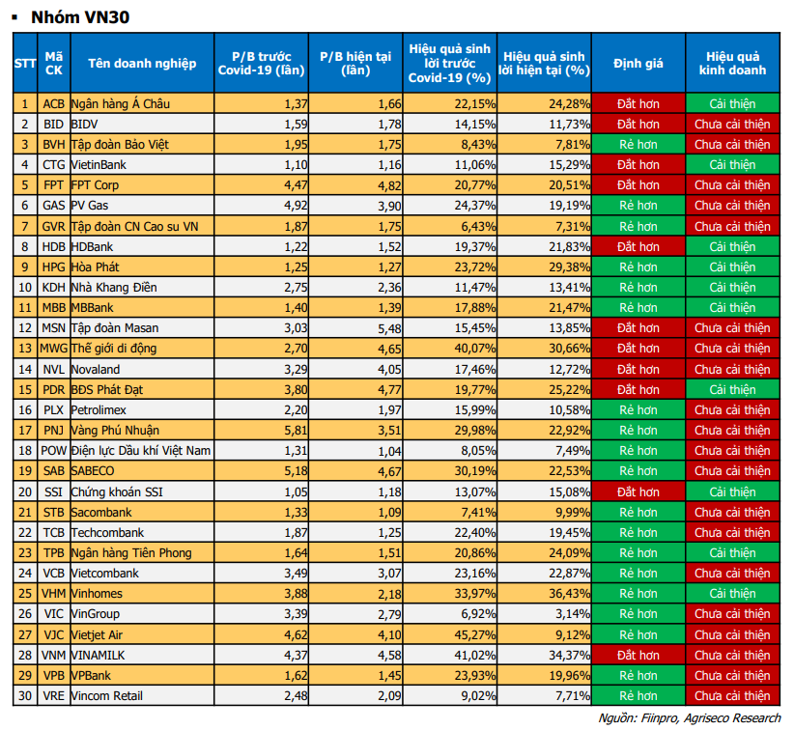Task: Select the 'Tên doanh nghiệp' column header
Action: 141,64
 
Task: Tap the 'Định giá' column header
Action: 638,64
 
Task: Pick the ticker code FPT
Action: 54,185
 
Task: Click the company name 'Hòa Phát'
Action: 96,267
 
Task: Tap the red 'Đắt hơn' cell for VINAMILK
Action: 638,655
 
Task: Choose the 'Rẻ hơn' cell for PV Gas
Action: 638,206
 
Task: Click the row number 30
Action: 25,695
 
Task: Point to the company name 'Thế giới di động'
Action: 114,349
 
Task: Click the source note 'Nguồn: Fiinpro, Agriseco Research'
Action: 689,717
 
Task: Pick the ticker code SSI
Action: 54,491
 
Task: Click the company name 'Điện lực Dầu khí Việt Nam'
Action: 141,451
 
